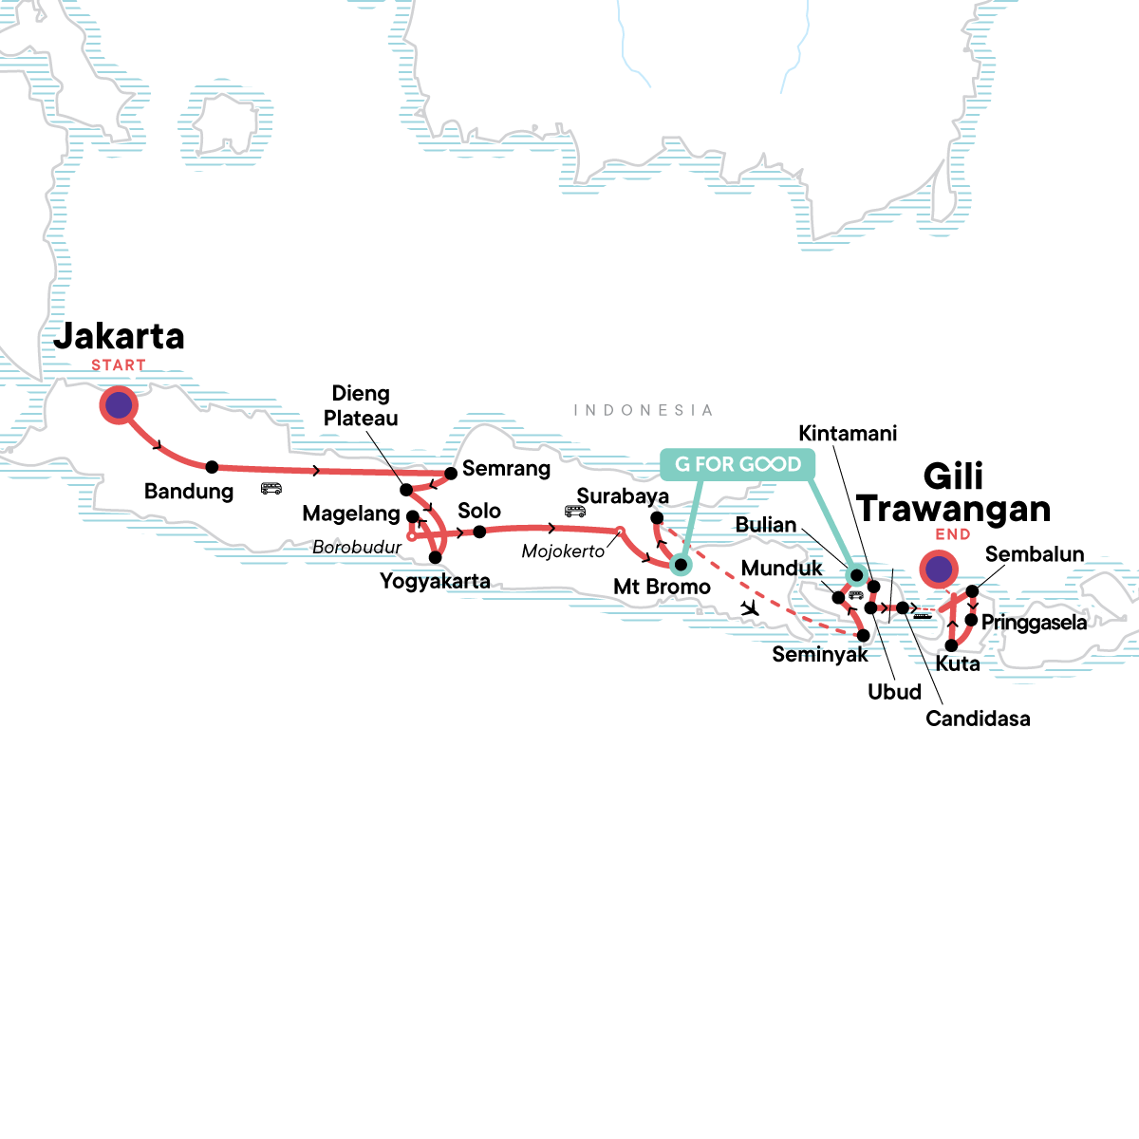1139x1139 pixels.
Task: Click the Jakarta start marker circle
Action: [x=119, y=406]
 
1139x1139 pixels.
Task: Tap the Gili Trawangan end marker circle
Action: [x=939, y=570]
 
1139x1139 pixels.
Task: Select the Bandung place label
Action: [x=189, y=492]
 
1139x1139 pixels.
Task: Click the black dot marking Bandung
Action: [x=212, y=467]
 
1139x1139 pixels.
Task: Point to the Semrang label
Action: [x=506, y=469]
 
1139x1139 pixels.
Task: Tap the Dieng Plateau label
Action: [x=361, y=406]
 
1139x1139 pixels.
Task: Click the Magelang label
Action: [x=351, y=514]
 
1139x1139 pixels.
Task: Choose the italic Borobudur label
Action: [x=357, y=548]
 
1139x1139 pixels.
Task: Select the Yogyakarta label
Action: [x=435, y=581]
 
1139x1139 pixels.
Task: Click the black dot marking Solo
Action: [x=480, y=532]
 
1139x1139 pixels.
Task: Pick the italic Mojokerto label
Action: [x=563, y=551]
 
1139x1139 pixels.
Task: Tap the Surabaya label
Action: [x=623, y=496]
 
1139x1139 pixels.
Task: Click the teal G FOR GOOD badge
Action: [x=738, y=464]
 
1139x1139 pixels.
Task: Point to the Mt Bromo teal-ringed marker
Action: [x=681, y=565]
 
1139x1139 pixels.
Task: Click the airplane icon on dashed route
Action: [x=751, y=607]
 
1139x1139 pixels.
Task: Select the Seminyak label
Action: [x=820, y=655]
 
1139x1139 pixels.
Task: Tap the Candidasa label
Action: [x=978, y=719]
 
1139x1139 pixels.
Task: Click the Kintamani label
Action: [x=848, y=434]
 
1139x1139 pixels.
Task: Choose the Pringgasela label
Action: [x=1034, y=623]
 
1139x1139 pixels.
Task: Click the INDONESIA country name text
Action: [x=643, y=410]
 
